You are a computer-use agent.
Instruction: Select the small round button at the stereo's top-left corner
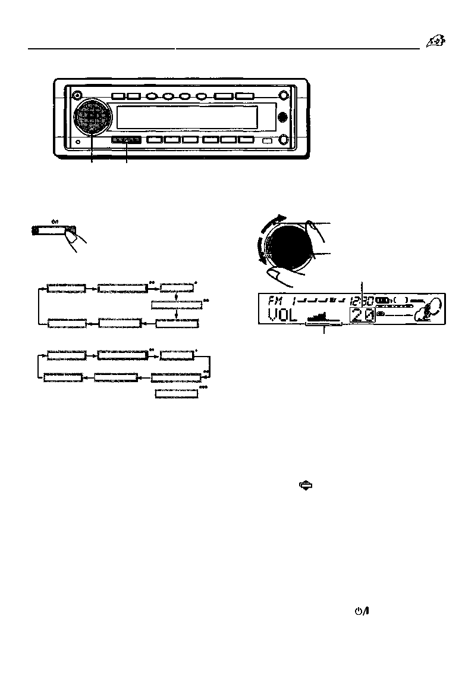coord(76,96)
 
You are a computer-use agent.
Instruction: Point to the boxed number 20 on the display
coord(362,315)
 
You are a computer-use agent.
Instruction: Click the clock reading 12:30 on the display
coord(362,301)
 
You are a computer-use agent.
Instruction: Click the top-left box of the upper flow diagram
coord(65,289)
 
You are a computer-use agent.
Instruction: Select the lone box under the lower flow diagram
coord(177,394)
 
